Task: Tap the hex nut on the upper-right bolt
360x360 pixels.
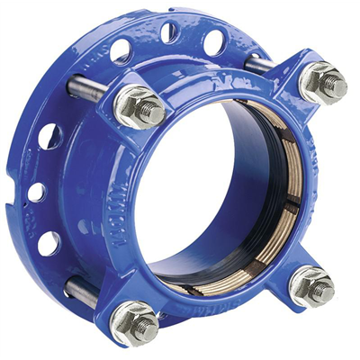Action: (x=321, y=83)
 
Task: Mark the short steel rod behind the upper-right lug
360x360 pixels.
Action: (x=260, y=63)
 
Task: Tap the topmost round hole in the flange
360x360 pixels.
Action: (x=169, y=33)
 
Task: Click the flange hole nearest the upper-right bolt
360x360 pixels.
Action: (x=214, y=41)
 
